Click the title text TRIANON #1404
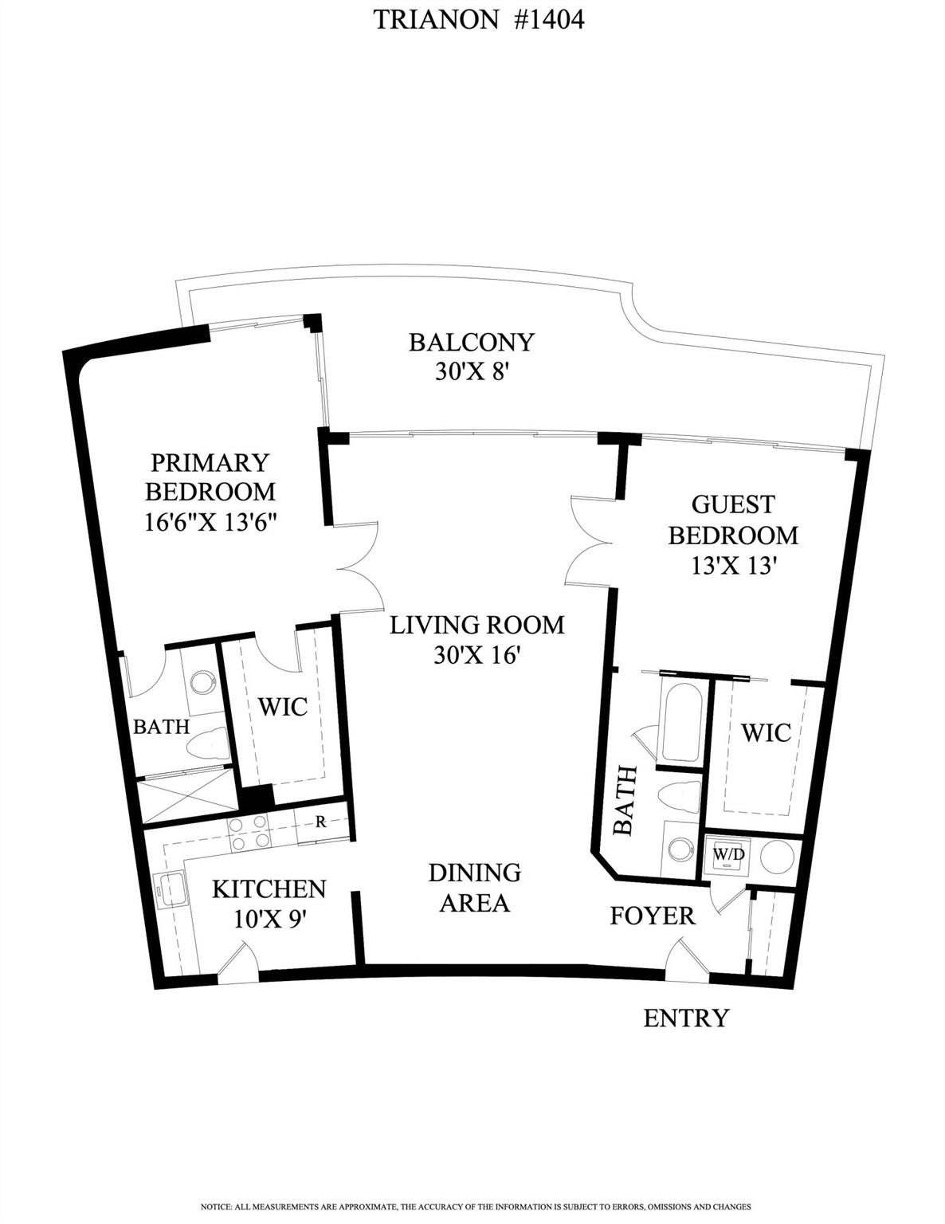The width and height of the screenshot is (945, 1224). tap(479, 19)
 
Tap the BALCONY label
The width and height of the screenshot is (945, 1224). tap(471, 342)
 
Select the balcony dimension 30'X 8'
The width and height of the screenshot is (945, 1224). tap(471, 371)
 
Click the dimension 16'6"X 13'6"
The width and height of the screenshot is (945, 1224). tap(210, 520)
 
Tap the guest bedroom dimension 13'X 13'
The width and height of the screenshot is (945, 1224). tap(732, 565)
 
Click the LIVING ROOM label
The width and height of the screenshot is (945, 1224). tap(476, 625)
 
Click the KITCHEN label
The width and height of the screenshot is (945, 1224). tap(269, 889)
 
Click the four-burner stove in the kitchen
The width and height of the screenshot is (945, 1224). tap(249, 832)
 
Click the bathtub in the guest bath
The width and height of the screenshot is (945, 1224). tap(680, 721)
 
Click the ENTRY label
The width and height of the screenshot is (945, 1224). tap(686, 1018)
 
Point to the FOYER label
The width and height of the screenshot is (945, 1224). tap(653, 916)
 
